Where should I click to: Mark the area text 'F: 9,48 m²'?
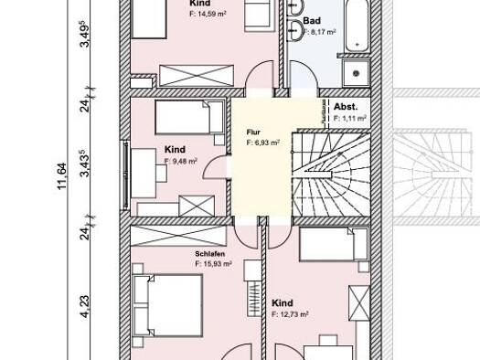183,161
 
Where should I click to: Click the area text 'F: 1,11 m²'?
350,118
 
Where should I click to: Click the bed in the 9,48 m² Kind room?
188,117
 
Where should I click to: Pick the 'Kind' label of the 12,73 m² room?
283,302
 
